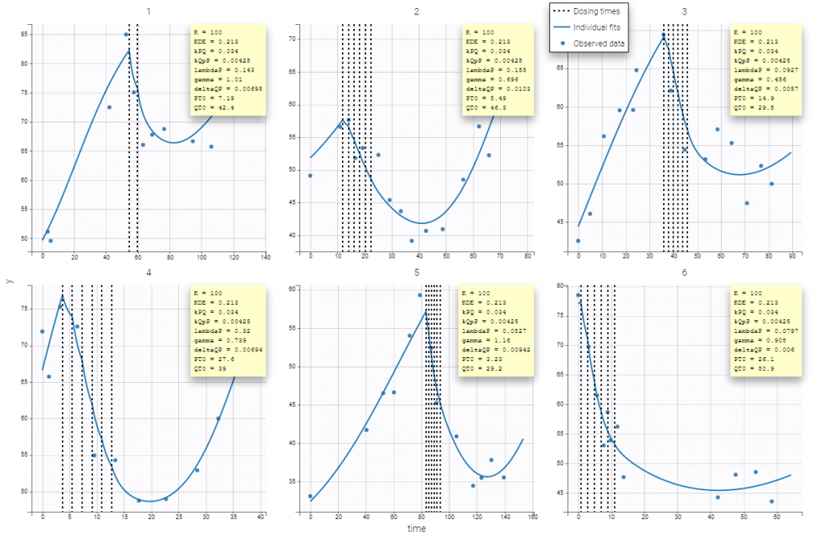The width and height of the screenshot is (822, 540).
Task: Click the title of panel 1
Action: pos(146,11)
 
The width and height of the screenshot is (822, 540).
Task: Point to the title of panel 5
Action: pos(417,272)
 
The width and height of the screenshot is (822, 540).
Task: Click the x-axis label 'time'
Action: pos(416,529)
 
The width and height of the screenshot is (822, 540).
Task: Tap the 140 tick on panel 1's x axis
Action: pos(265,258)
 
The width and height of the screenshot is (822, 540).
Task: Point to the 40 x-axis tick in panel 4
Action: pos(261,518)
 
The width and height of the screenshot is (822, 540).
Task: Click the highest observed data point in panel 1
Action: pos(126,35)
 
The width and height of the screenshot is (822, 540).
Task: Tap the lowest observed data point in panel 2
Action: pos(411,241)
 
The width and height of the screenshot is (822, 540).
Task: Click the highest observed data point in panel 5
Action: pos(420,294)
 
